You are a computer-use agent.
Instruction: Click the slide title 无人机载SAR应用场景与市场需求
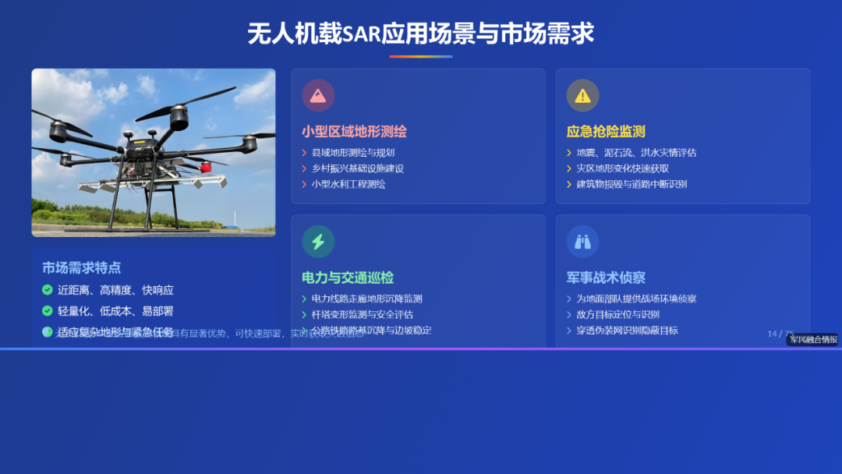421,34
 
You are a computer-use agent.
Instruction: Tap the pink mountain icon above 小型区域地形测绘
318,95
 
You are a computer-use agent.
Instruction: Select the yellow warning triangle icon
582,95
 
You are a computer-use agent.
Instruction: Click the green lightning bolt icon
318,242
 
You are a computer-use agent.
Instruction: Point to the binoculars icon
582,242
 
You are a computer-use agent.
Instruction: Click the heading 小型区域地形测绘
354,132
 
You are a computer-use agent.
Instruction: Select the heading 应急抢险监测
606,132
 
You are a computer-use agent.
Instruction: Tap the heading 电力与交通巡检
348,278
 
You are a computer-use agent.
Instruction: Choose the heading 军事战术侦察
606,278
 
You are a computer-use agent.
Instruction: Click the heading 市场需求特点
82,267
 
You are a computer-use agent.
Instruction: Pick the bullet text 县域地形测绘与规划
353,153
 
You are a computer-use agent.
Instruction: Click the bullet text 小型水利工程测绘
348,185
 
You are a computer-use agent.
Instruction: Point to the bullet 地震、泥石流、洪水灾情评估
636,153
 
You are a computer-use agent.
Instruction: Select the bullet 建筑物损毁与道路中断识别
631,185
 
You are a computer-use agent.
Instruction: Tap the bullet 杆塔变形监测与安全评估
363,315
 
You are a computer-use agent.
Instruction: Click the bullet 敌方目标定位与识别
617,315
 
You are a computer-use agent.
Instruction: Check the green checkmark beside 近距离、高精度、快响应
48,290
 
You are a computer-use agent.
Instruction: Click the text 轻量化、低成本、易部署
115,311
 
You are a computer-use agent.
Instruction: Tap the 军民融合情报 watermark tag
812,339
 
